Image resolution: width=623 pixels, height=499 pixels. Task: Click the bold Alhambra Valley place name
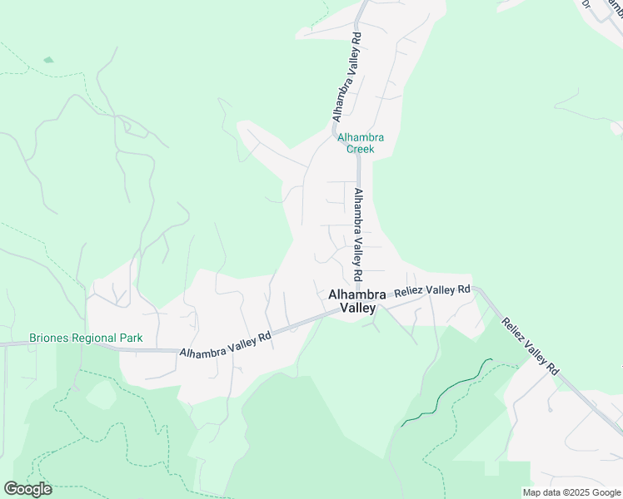pyautogui.click(x=357, y=301)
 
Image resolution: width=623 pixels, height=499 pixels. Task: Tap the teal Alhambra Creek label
pyautogui.click(x=361, y=143)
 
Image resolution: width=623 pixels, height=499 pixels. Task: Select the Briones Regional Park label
pyautogui.click(x=86, y=338)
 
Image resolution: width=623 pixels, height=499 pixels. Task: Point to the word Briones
pyautogui.click(x=48, y=338)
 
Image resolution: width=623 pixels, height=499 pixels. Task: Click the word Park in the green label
pyautogui.click(x=130, y=338)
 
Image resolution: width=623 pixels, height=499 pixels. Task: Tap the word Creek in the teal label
pyautogui.click(x=361, y=150)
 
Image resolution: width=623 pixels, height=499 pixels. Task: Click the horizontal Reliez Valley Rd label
pyautogui.click(x=432, y=291)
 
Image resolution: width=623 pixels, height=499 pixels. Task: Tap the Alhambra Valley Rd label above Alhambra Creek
pyautogui.click(x=345, y=77)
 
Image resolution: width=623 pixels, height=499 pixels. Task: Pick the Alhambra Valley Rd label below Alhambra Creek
pyautogui.click(x=357, y=234)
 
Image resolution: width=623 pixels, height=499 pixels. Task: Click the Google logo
pyautogui.click(x=27, y=489)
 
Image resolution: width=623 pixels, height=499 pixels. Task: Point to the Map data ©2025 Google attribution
pyautogui.click(x=571, y=492)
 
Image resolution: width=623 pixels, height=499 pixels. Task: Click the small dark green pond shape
pyautogui.click(x=48, y=60)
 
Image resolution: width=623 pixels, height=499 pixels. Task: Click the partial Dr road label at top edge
pyautogui.click(x=586, y=4)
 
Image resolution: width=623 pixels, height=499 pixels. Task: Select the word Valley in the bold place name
pyautogui.click(x=357, y=309)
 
